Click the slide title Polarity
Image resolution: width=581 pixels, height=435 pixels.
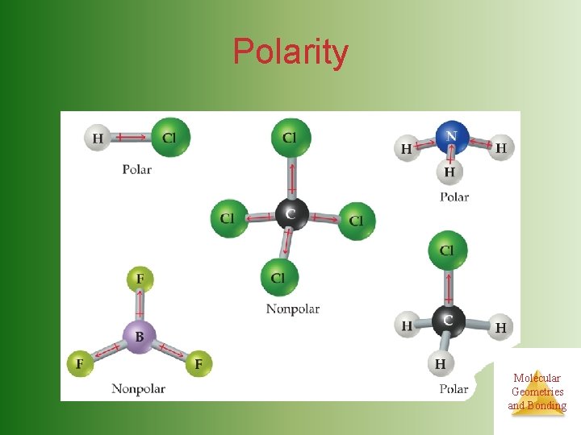290,52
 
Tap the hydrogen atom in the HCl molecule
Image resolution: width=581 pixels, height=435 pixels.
97,138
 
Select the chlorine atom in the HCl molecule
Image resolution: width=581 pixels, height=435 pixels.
170,137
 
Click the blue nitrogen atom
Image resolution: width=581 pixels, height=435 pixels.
452,137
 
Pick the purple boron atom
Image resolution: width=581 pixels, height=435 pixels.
139,336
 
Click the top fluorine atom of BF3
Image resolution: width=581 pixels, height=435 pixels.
140,279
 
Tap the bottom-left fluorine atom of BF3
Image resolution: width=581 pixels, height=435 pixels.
80,364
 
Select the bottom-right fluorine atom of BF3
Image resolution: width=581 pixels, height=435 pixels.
198,364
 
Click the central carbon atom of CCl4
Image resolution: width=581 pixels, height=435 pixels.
290,213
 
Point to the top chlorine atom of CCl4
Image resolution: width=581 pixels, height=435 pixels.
289,137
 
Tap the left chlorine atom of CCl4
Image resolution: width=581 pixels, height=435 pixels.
228,218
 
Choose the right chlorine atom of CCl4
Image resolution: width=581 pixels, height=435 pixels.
356,220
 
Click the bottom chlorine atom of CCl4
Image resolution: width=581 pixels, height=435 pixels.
279,278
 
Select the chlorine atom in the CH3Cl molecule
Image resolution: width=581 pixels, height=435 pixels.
447,250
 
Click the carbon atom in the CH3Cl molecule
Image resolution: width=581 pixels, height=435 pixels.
448,321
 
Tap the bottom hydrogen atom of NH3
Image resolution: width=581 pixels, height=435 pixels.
449,172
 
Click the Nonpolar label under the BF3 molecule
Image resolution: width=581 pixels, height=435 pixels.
138,389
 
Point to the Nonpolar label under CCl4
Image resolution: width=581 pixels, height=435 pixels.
293,309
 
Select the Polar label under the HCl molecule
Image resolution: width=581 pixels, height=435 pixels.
136,169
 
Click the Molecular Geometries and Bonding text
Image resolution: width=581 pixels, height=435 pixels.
537,391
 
